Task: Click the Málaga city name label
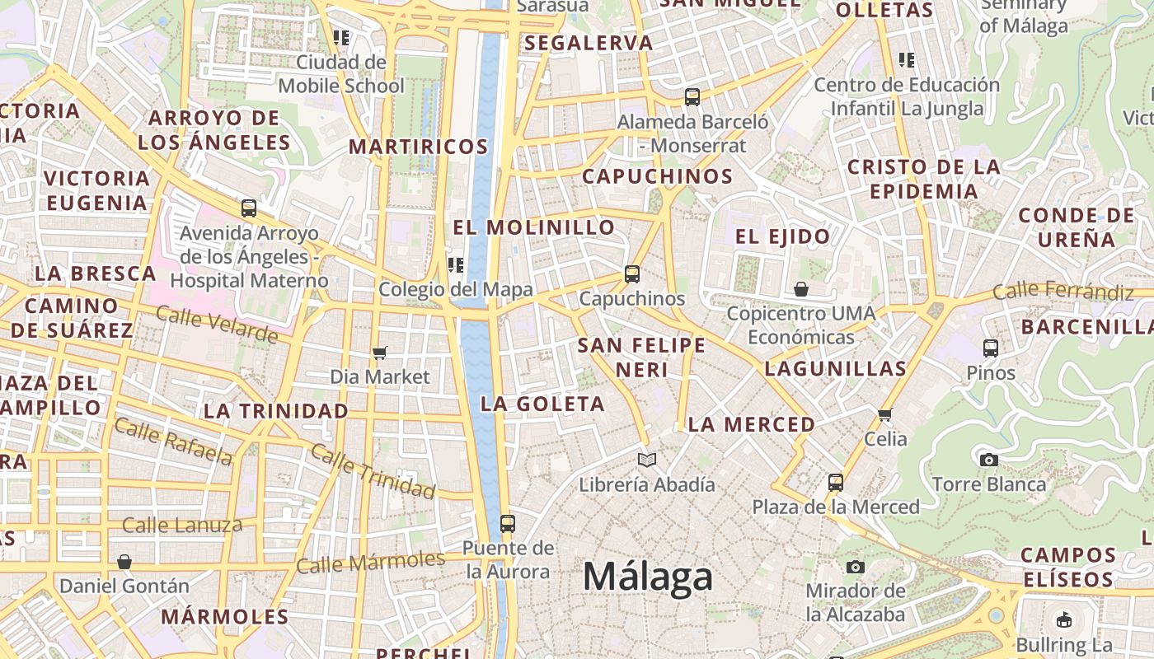648,577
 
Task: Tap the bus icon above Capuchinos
632,274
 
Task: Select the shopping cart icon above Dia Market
380,353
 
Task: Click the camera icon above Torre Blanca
989,460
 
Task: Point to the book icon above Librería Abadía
647,460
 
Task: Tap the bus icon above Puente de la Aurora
508,523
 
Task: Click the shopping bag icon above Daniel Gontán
124,562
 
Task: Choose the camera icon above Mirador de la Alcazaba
856,567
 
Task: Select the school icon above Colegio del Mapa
455,265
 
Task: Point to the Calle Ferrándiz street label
1063,291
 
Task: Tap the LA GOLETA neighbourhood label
542,404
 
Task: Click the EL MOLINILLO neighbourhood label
534,227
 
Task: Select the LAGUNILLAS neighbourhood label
835,368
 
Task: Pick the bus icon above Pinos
991,348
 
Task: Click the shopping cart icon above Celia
885,414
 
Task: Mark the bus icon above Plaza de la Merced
836,482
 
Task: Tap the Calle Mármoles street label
370,563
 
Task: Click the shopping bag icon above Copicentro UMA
800,289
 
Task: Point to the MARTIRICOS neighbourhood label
419,147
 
